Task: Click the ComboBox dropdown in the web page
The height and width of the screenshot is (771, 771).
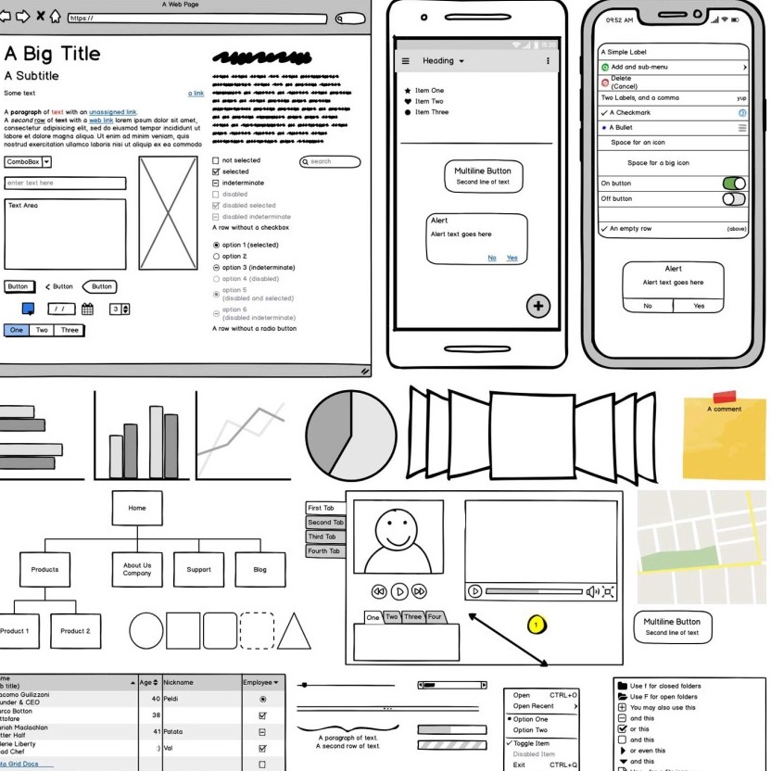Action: click(28, 162)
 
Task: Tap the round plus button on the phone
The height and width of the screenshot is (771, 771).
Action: click(538, 306)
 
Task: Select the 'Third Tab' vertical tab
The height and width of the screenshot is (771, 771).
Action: click(325, 537)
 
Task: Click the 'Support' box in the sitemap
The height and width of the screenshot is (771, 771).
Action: click(198, 570)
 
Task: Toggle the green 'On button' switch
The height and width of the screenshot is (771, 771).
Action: click(733, 183)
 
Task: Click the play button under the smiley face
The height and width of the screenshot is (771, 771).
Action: click(399, 591)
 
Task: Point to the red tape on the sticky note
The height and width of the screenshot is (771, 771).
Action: click(725, 397)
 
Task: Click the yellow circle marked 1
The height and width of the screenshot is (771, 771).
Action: click(535, 625)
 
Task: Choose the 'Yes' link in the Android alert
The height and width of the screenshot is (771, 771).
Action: click(512, 258)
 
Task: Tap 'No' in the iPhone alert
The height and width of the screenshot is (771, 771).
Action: click(648, 306)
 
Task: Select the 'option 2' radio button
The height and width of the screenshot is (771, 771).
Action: click(217, 256)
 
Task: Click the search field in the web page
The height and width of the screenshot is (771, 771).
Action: click(331, 162)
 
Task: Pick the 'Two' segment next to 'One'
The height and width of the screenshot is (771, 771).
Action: click(42, 330)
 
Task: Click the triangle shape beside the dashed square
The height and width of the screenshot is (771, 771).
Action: click(294, 631)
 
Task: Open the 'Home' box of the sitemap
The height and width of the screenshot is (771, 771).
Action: click(137, 508)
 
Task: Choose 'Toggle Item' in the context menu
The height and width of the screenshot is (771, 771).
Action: click(531, 743)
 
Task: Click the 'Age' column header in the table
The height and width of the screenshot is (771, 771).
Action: click(148, 682)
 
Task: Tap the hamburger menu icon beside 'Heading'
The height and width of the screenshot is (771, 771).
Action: click(405, 61)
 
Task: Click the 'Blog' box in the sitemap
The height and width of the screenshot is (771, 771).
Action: click(259, 570)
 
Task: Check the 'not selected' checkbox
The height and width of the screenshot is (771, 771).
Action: click(216, 160)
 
